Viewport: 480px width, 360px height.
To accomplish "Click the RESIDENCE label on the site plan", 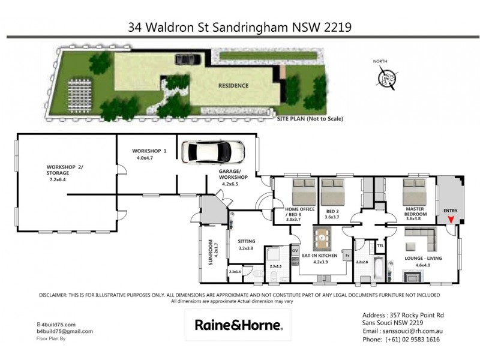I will [233, 86].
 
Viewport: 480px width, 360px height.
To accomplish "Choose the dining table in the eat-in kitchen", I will [323, 238].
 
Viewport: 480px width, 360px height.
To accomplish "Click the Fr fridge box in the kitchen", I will [347, 255].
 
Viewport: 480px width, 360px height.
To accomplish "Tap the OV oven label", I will [295, 250].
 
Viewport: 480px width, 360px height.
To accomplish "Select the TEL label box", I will [380, 246].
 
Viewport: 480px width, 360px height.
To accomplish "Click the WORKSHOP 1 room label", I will [149, 150].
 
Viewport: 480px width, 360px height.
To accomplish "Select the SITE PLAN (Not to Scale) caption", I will [310, 119].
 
